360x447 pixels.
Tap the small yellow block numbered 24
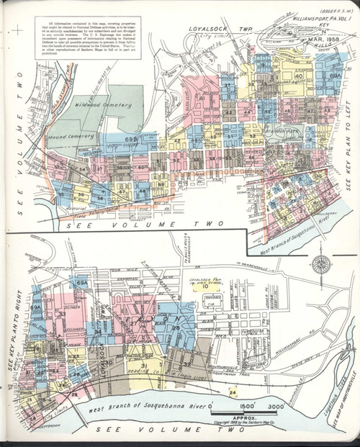[233, 392]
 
